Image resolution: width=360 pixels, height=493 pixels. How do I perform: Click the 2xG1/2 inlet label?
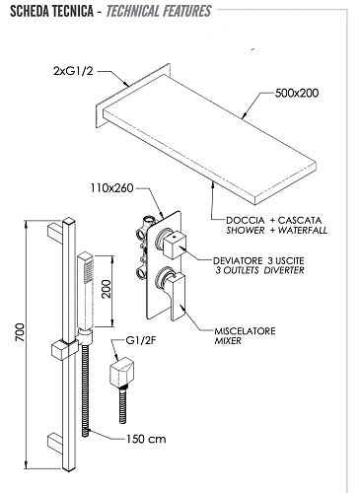[x=73, y=71]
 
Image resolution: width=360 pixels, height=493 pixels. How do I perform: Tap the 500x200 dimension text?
[x=297, y=93]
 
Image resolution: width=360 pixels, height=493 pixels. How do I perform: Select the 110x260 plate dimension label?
[x=112, y=188]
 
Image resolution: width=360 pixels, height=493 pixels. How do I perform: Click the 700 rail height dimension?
[x=21, y=332]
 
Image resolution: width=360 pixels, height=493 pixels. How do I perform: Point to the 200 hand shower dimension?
[x=107, y=289]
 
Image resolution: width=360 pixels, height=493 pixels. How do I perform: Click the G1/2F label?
[x=141, y=340]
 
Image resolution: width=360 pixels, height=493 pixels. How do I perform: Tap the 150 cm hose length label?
[x=146, y=439]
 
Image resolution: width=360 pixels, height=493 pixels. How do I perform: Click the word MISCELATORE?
[x=245, y=331]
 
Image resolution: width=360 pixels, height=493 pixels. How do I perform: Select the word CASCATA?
[x=300, y=220]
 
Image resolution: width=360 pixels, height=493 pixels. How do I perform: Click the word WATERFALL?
[x=303, y=230]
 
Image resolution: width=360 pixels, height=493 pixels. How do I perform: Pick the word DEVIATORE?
[x=238, y=261]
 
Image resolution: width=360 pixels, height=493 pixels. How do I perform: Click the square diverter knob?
[x=175, y=244]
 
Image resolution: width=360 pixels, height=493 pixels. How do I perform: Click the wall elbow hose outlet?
[x=121, y=371]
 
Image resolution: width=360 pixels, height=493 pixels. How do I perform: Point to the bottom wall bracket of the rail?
[x=55, y=444]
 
